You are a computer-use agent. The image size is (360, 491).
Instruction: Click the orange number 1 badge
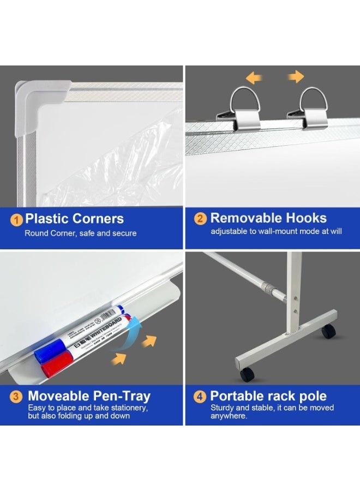(x=17, y=220)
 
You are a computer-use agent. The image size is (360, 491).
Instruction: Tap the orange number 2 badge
(x=201, y=219)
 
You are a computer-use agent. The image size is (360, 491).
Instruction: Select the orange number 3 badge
(x=17, y=397)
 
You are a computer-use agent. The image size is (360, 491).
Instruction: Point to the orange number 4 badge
(x=201, y=397)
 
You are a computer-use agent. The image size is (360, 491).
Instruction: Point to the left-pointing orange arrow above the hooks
(x=253, y=78)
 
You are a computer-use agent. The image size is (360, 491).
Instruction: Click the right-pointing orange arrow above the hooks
(x=296, y=77)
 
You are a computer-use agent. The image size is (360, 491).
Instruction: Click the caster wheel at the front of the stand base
(x=247, y=374)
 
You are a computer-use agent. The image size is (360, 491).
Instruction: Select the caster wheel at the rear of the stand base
(x=327, y=331)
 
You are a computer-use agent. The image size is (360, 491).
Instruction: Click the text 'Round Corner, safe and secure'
(x=80, y=233)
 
